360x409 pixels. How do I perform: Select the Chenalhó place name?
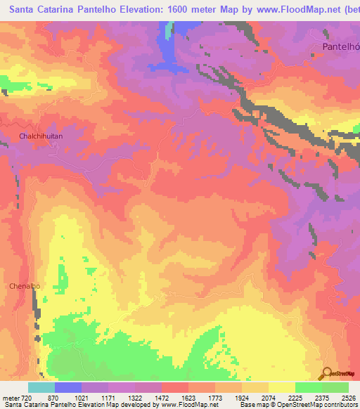pyautogui.click(x=25, y=286)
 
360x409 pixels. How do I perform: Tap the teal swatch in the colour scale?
pyautogui.click(x=41, y=387)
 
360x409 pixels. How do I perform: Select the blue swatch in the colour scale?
pyautogui.click(x=68, y=387)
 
